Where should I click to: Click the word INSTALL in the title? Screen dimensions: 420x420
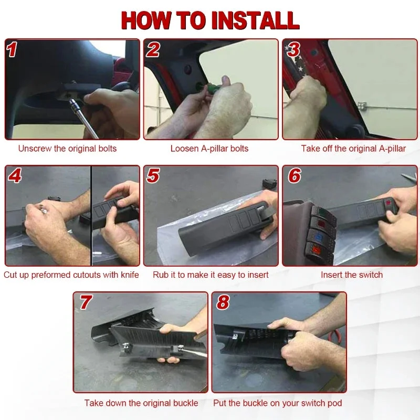(x=255, y=20)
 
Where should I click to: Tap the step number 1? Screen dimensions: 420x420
(x=12, y=49)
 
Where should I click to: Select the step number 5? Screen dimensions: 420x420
(x=153, y=175)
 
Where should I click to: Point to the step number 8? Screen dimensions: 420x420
(x=223, y=302)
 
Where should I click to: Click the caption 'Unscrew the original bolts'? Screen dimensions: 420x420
(x=67, y=149)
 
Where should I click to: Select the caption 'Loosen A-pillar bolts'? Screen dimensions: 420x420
(x=209, y=149)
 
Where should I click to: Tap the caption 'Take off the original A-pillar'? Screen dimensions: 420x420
(x=353, y=149)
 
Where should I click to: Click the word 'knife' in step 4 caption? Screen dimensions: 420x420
(x=130, y=275)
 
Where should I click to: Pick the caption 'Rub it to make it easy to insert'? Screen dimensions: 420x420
(x=211, y=275)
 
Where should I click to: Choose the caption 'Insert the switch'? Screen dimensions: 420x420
(x=352, y=275)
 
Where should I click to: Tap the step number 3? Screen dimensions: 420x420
(x=293, y=49)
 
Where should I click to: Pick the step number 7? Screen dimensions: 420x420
(x=86, y=302)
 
